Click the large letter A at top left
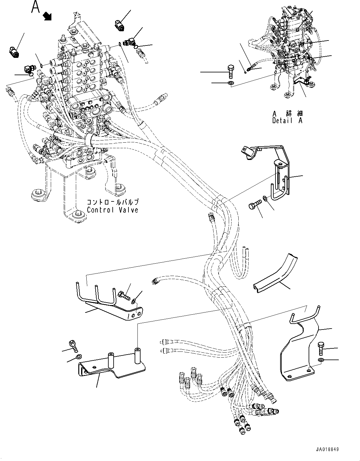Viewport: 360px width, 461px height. [36, 7]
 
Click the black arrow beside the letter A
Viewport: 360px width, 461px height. [47, 16]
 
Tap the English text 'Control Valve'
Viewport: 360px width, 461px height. [112, 210]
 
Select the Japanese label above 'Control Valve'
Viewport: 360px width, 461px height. [113, 202]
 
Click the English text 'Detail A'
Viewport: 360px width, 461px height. [287, 121]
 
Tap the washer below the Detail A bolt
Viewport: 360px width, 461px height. [230, 83]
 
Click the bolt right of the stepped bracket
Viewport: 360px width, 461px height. [321, 349]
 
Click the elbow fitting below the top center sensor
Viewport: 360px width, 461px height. [129, 42]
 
